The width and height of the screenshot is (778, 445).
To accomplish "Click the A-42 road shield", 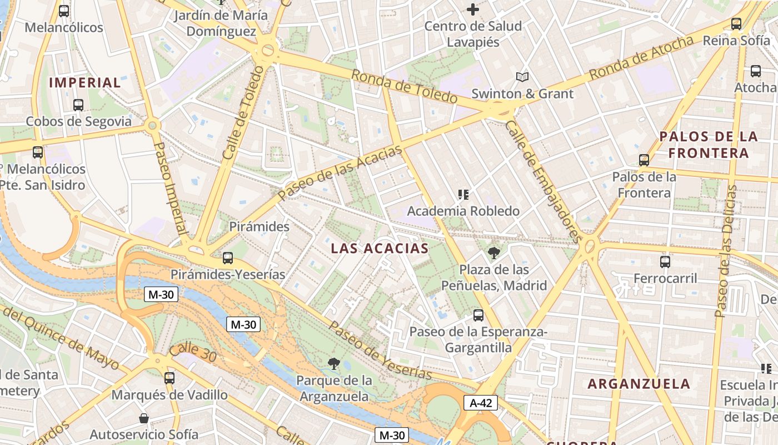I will (481, 403).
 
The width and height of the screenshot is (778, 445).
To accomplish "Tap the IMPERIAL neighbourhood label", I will (85, 83).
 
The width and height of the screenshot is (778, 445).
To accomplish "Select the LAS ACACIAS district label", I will (380, 249).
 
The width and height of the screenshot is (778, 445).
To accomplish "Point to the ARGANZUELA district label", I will (639, 384).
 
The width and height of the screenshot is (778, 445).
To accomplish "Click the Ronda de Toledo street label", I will (404, 87).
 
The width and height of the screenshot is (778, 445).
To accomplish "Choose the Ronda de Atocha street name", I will (641, 57).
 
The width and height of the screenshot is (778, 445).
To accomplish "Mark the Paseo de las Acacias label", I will (340, 173).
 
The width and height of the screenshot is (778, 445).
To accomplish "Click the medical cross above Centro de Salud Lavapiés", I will (473, 9).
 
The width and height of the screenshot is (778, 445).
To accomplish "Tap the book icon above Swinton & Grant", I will (522, 77).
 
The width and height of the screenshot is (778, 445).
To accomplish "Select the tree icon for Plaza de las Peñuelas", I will (493, 253).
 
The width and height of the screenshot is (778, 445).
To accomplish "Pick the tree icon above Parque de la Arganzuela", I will (334, 364).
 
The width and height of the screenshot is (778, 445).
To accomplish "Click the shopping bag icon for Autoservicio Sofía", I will (144, 418).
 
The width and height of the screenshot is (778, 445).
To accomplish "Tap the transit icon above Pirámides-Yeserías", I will (228, 258).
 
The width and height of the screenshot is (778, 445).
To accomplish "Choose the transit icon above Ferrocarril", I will (665, 261).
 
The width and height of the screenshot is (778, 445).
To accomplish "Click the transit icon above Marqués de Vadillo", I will (169, 378).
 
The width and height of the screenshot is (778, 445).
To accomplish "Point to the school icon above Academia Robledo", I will (463, 194).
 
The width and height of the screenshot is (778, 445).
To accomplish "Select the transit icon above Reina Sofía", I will (736, 23).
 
